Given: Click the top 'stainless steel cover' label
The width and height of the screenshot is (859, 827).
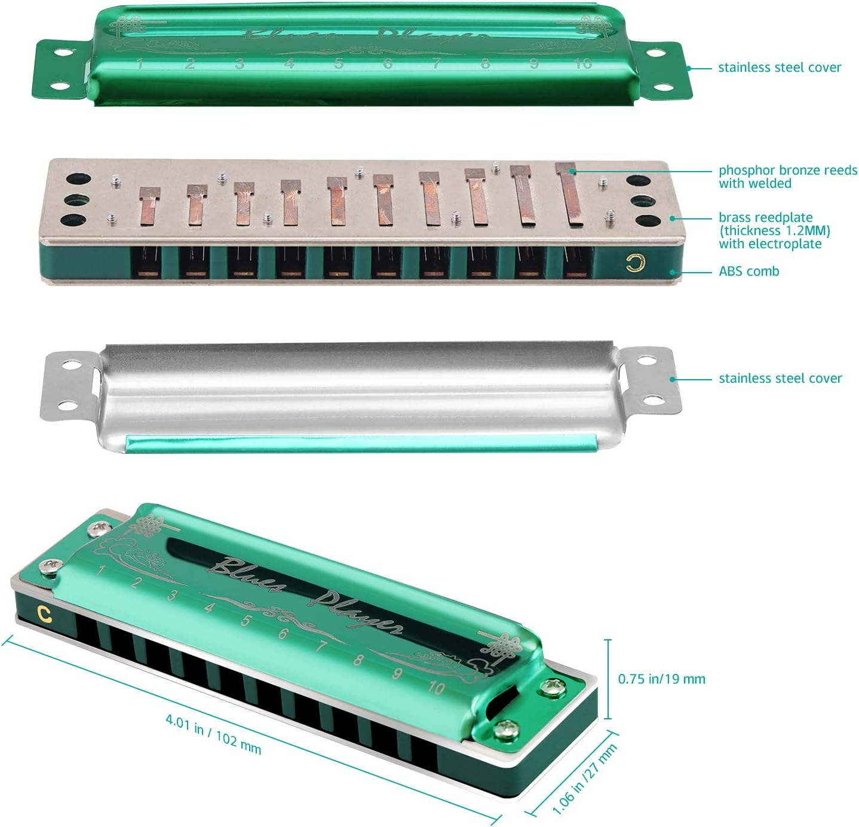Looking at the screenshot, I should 779,68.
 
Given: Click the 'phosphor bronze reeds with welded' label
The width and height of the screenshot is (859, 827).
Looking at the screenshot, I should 787,177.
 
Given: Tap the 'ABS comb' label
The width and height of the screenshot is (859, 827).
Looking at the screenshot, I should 748,271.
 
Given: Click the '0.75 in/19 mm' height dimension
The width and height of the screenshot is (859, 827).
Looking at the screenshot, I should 661,679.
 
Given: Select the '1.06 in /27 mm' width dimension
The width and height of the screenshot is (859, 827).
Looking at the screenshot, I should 584,779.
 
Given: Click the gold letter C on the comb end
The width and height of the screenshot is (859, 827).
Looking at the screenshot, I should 636,263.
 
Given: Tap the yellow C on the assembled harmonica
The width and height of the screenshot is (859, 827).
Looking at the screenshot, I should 43,612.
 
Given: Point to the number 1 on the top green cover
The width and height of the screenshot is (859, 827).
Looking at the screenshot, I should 140,63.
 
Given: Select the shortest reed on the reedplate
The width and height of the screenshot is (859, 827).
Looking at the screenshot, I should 149,205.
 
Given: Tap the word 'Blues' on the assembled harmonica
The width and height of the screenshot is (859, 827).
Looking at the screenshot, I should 247,574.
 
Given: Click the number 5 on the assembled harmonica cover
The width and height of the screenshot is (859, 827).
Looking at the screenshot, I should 245,621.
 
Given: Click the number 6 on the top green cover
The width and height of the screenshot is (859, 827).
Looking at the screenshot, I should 388,63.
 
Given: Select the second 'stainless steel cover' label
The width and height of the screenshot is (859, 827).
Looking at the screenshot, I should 780,379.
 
